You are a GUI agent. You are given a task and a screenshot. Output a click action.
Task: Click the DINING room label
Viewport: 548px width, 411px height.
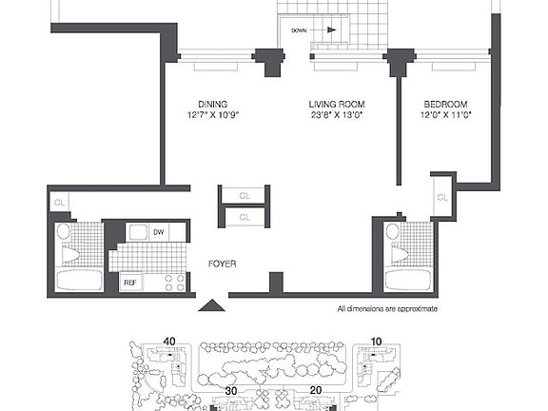(212, 104)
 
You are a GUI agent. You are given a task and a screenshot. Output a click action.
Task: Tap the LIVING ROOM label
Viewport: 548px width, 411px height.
(337, 104)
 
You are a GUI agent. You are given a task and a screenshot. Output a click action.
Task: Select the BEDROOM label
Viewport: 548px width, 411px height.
(445, 104)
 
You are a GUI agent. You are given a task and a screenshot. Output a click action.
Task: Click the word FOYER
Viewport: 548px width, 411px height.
(223, 264)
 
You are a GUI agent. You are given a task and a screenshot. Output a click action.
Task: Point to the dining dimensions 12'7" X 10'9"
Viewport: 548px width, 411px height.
(213, 115)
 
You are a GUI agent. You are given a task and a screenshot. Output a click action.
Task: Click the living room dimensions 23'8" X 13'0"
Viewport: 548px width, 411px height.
(337, 115)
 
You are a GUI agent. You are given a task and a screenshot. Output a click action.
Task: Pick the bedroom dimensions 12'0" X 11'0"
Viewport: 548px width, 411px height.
(446, 115)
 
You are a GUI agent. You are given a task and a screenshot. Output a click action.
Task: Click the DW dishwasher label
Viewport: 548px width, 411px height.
(159, 232)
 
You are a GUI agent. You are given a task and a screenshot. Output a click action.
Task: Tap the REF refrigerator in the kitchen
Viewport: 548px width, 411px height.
(130, 283)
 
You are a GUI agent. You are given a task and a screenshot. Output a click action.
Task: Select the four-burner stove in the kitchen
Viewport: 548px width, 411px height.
(174, 283)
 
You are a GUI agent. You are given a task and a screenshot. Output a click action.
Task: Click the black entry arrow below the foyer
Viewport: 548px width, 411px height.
(211, 305)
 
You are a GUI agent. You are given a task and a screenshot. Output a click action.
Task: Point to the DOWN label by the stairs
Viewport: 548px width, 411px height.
(299, 30)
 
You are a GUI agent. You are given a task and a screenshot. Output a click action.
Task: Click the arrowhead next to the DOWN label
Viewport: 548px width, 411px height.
(332, 30)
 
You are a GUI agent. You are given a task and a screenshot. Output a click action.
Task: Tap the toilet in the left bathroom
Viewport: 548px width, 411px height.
(70, 254)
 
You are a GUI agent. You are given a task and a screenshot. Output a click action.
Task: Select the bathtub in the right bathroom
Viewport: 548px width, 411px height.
(408, 280)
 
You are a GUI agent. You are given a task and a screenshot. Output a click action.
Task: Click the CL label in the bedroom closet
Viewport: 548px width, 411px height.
(442, 198)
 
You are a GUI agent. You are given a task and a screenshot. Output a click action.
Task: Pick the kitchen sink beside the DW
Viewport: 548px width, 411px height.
(139, 232)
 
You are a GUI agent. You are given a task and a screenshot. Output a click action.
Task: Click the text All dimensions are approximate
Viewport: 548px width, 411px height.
(387, 309)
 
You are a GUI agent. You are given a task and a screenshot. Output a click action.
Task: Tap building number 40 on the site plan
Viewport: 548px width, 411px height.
(169, 342)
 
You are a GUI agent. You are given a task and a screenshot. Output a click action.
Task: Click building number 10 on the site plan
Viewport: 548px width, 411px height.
(376, 342)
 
